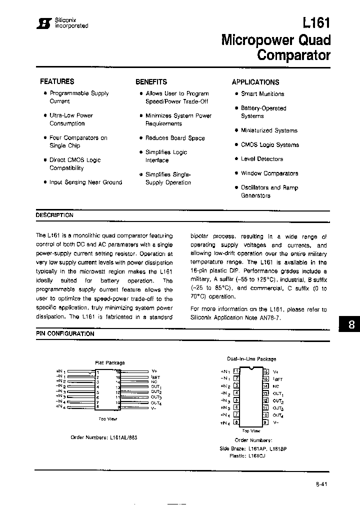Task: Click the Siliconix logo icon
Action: (46, 24)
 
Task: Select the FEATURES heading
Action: (57, 81)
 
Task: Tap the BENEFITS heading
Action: (151, 82)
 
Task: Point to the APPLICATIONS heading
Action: (255, 82)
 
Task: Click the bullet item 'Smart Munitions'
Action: (262, 94)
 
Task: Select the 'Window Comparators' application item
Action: (269, 173)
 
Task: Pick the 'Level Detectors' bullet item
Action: (261, 159)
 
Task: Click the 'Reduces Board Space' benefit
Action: (174, 138)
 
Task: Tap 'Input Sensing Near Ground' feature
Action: (85, 182)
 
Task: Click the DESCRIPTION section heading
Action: (54, 215)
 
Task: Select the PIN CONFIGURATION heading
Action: (64, 333)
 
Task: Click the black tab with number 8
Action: (351, 324)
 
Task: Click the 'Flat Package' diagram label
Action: (109, 362)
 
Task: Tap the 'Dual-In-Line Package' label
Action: (251, 359)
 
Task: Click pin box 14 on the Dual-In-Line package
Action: (265, 386)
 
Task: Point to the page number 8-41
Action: (322, 484)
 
